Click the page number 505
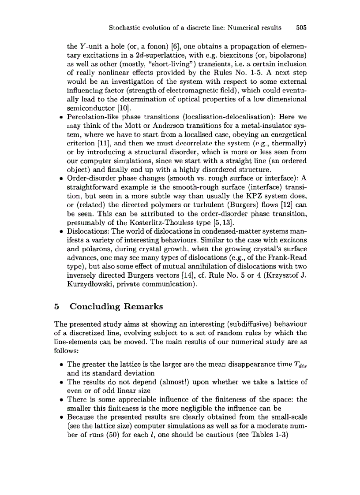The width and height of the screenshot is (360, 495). [301, 27]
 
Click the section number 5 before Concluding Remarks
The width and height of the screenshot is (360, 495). [56, 306]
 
